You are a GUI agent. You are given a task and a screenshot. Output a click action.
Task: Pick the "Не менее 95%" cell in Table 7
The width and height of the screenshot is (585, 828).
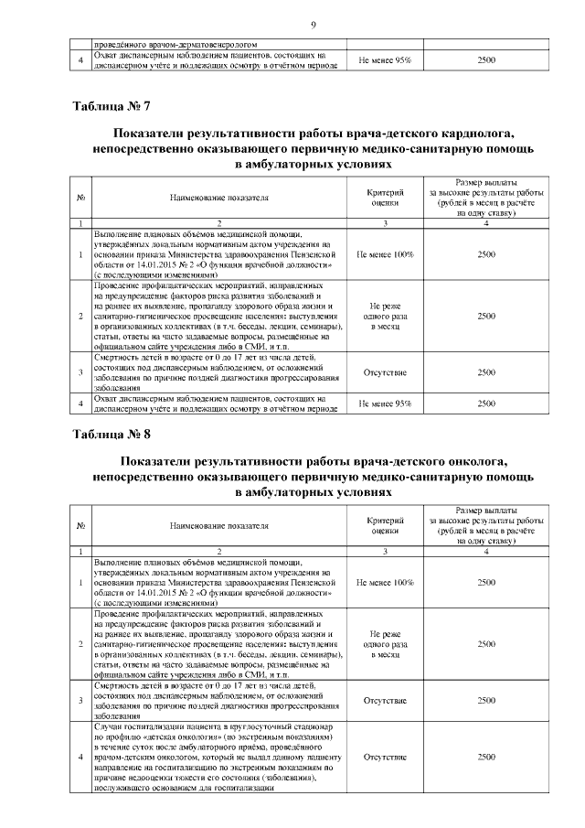[385, 403]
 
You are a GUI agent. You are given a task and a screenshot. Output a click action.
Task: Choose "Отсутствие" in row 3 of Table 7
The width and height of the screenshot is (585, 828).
[385, 372]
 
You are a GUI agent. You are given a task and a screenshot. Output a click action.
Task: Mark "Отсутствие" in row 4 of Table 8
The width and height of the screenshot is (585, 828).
[385, 758]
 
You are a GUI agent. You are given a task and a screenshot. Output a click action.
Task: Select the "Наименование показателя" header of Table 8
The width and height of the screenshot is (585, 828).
[218, 525]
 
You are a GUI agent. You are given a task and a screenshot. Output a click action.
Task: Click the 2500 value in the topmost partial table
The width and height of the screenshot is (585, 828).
[486, 59]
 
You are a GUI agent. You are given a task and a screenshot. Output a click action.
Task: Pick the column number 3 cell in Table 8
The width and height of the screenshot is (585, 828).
[385, 551]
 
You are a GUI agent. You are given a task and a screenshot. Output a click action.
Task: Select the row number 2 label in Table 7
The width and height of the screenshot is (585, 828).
[81, 316]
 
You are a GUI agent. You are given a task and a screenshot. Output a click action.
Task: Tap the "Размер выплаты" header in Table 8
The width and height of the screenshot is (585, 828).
[486, 510]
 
